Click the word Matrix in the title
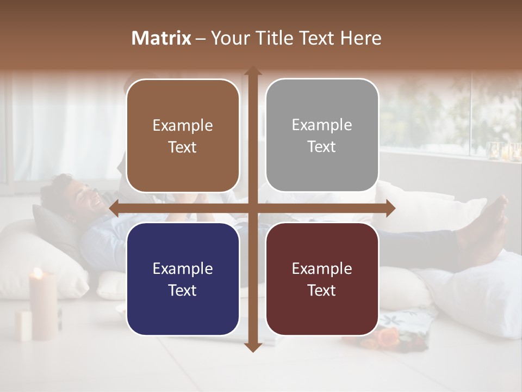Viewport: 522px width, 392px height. click(161, 38)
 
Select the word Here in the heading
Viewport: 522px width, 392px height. click(361, 38)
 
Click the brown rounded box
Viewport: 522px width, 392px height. click(183, 136)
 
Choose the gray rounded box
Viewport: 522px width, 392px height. click(322, 136)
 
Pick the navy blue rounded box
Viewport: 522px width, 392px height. click(183, 279)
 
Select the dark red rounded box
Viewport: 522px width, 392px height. click(322, 279)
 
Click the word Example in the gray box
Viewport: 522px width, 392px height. click(322, 125)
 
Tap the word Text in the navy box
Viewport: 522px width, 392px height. click(183, 290)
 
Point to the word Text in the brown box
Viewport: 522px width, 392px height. click(183, 147)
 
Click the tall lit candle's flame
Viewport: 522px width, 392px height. click(38, 272)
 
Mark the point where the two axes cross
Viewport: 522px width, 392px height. click(252, 208)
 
